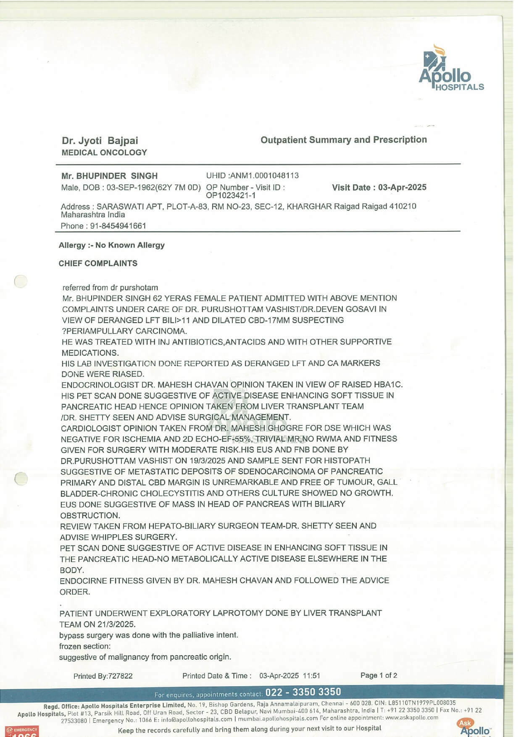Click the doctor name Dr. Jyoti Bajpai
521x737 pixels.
100,141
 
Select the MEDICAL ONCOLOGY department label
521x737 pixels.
104,153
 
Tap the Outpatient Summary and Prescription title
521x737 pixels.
343,140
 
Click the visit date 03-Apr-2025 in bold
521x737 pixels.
402,187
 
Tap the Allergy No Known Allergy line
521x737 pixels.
112,245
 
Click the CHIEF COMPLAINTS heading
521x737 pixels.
98,263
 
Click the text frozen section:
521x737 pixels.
85,646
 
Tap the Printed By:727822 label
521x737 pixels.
103,676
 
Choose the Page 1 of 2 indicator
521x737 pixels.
379,675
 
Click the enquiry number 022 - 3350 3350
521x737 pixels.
303,692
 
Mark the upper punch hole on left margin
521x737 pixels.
21,281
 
